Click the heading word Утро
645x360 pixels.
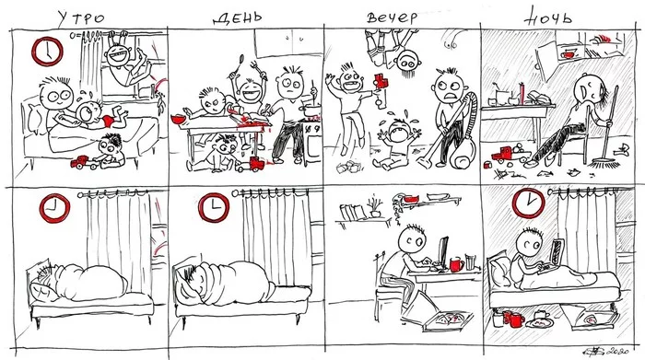pyautogui.click(x=81, y=18)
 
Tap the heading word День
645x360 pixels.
pyautogui.click(x=238, y=18)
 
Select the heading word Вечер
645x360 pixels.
pyautogui.click(x=392, y=17)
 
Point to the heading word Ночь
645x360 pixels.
pyautogui.click(x=548, y=17)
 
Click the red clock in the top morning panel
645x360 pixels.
pyautogui.click(x=47, y=52)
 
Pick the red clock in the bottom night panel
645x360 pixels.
pyautogui.click(x=528, y=203)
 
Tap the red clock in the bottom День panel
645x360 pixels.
pyautogui.click(x=214, y=207)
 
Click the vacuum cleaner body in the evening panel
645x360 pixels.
pyautogui.click(x=463, y=153)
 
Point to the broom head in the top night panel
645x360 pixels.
pyautogui.click(x=604, y=164)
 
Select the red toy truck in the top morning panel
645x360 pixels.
pyautogui.click(x=80, y=162)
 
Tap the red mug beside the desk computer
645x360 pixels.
pyautogui.click(x=456, y=264)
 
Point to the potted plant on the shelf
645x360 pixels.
pyautogui.click(x=375, y=207)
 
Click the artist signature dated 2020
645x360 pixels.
pyautogui.click(x=605, y=351)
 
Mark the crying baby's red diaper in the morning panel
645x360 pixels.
pyautogui.click(x=108, y=120)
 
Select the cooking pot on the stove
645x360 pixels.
pyautogui.click(x=311, y=110)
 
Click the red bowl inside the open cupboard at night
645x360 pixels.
pyautogui.click(x=568, y=53)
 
